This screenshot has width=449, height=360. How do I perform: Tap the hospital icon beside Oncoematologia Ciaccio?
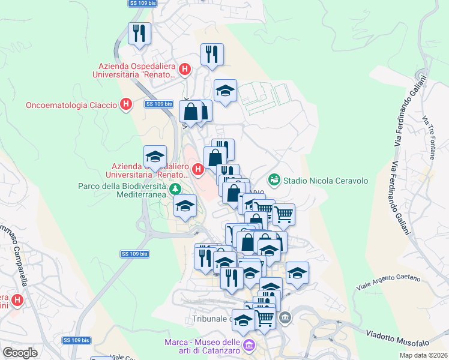click(125, 105)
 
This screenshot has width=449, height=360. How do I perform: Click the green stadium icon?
click(274, 179)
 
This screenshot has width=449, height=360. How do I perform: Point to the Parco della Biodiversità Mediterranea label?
click(121, 190)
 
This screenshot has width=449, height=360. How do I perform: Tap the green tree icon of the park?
click(175, 190)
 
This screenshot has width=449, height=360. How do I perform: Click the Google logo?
click(20, 353)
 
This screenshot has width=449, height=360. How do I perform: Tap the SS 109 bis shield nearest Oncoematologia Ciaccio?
click(159, 104)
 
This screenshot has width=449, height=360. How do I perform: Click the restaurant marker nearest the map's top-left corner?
click(139, 33)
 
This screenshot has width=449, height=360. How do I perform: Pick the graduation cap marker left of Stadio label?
click(225, 91)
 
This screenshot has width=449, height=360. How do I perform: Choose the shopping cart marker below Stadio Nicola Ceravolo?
click(283, 214)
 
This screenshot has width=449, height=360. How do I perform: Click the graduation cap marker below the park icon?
click(185, 206)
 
